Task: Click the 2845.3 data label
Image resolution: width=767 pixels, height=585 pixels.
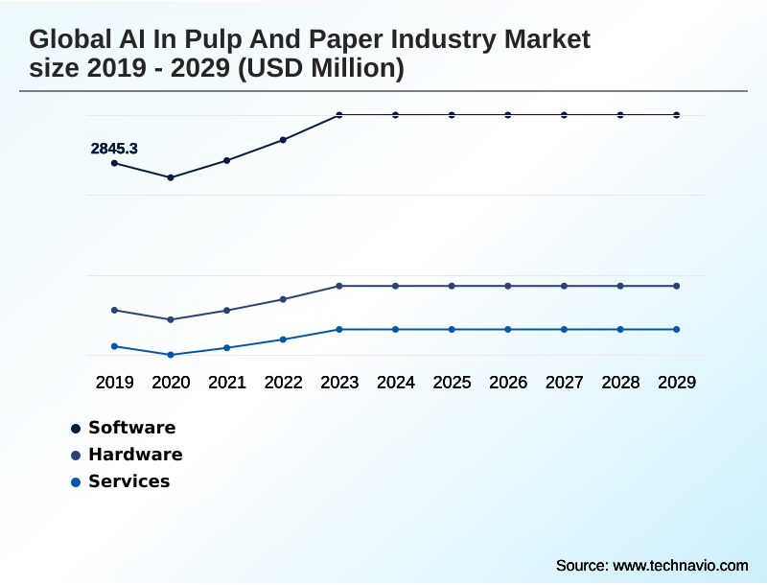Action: [114, 149]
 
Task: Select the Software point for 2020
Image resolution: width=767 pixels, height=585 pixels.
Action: [171, 177]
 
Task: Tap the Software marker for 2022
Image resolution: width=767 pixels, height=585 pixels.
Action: [283, 140]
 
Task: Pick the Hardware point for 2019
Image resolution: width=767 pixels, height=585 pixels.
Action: [114, 310]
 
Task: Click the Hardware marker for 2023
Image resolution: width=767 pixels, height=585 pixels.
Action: [339, 286]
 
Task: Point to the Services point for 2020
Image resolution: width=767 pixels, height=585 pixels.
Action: [171, 355]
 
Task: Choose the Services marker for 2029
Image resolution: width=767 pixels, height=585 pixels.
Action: [677, 329]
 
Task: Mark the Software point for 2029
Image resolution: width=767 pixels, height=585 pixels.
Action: [677, 115]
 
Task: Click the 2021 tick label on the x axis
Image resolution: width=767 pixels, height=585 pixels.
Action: [227, 383]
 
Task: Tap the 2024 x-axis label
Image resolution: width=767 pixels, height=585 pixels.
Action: [395, 383]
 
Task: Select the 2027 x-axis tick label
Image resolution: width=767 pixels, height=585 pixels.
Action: [564, 383]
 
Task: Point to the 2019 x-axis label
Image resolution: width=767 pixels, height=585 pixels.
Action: [114, 383]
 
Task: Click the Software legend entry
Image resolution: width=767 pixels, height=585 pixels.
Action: [131, 428]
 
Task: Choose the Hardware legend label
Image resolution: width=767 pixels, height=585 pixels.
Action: [135, 455]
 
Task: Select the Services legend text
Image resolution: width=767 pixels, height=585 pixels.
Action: [128, 481]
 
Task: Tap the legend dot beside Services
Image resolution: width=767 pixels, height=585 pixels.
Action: [76, 481]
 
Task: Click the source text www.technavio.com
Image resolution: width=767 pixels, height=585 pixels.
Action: [680, 565]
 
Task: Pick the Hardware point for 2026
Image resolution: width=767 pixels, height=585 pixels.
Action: [508, 286]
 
